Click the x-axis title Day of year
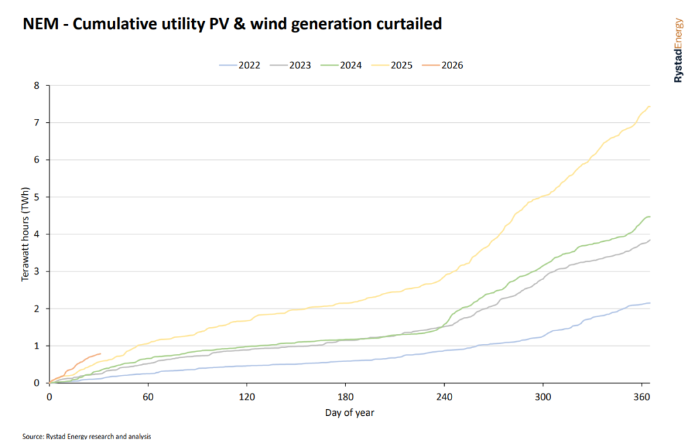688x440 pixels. [349, 412]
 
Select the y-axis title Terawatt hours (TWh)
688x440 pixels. [26, 234]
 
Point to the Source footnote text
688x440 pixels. [87, 436]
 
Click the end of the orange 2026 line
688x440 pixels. [100, 353]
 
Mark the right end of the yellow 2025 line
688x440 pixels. [650, 106]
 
